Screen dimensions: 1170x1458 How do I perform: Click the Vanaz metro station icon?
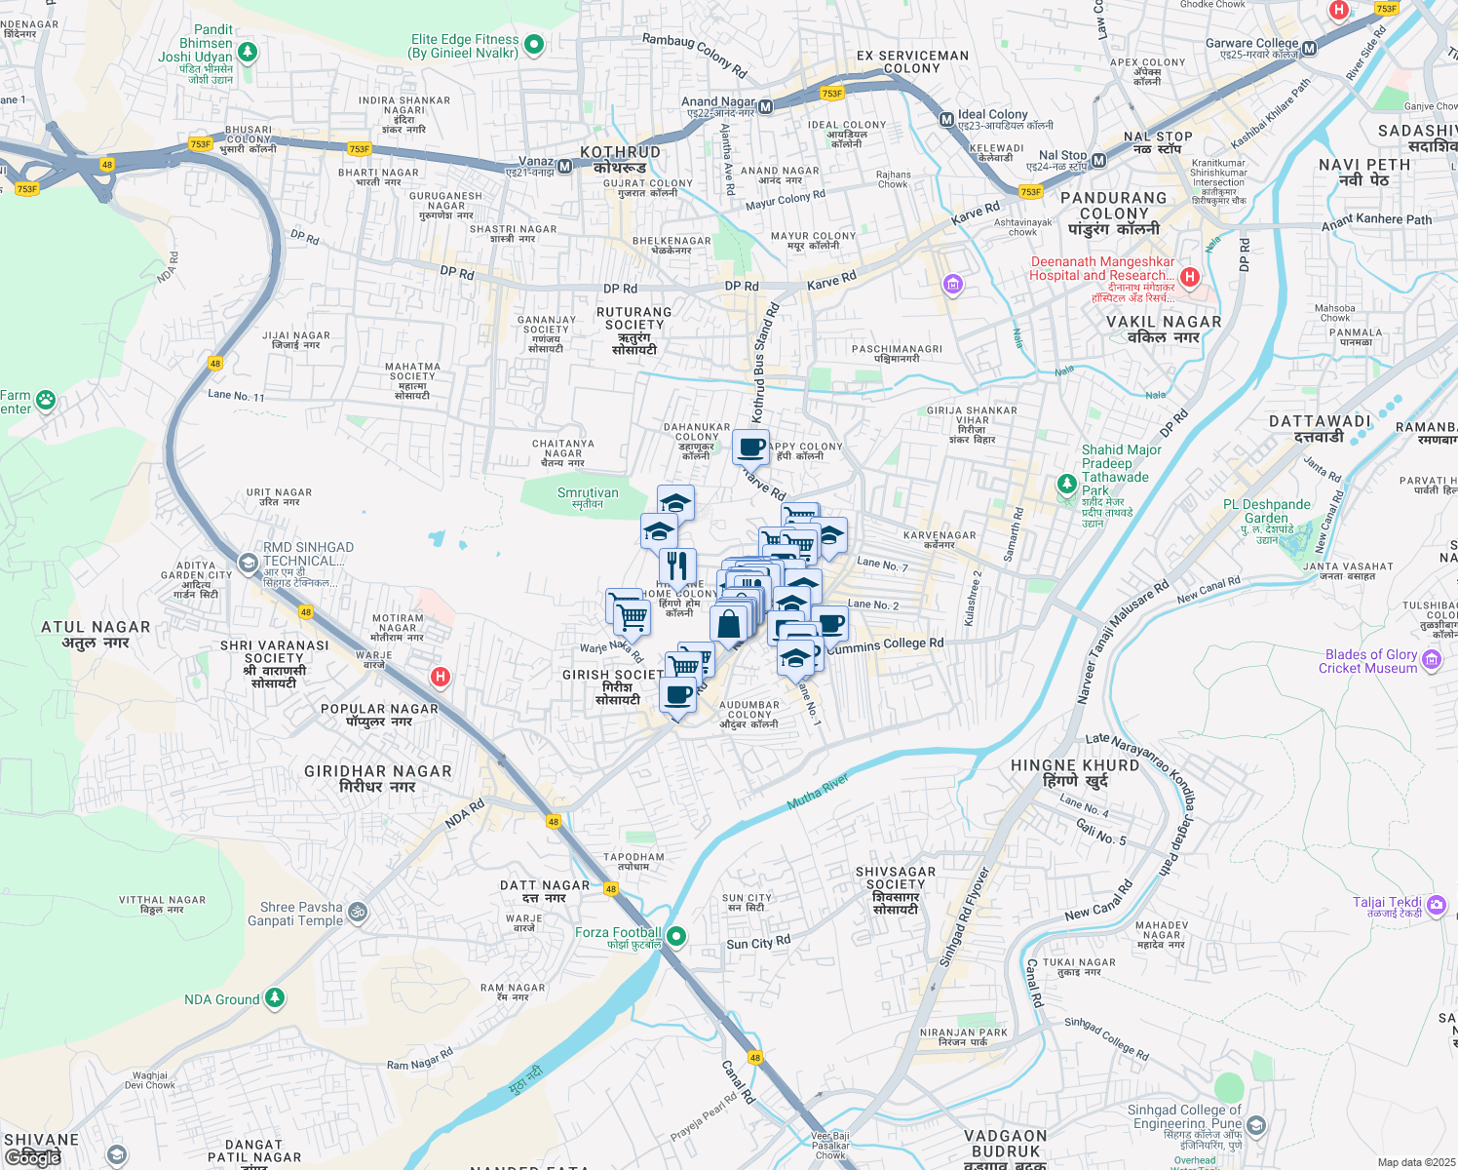(x=564, y=167)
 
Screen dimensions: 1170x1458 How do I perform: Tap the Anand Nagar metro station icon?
(x=766, y=107)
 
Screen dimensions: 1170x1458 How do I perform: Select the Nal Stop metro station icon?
(x=1098, y=161)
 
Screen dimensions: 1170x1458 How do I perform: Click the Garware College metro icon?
(x=1309, y=49)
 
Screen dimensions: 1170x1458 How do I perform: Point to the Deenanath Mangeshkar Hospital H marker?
(x=1189, y=277)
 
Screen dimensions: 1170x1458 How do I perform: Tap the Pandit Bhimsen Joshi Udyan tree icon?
(x=248, y=51)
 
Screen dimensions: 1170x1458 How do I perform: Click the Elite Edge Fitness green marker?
(x=533, y=44)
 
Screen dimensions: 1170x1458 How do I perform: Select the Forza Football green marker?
(x=675, y=937)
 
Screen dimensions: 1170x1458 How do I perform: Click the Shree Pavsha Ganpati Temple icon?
(x=358, y=913)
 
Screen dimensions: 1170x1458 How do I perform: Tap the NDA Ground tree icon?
(x=275, y=997)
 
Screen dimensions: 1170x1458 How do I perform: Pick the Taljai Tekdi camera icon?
(x=1436, y=907)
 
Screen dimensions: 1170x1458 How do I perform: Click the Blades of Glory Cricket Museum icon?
(x=1432, y=660)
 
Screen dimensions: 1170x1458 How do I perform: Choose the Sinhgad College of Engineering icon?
(x=1255, y=1126)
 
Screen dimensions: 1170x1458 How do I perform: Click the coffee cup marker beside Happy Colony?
(x=750, y=447)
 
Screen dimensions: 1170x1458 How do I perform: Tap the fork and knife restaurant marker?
(x=677, y=565)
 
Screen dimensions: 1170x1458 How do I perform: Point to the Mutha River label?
(x=818, y=792)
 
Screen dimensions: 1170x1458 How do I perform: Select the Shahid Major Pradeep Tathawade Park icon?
(x=1067, y=484)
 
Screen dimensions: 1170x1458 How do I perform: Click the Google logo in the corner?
(x=33, y=1157)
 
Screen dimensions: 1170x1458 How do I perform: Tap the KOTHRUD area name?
(x=620, y=153)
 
